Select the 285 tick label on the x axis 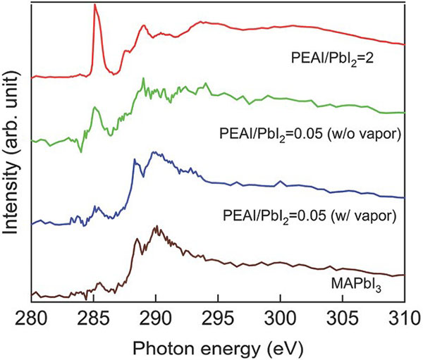point(94,314)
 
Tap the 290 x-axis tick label point(156,314)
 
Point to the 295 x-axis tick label point(218,314)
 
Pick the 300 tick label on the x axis point(280,314)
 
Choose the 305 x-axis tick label point(342,314)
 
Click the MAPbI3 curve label point(359,266)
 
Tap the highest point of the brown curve point(155,227)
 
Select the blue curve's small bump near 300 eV point(281,182)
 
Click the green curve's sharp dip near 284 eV point(81,150)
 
